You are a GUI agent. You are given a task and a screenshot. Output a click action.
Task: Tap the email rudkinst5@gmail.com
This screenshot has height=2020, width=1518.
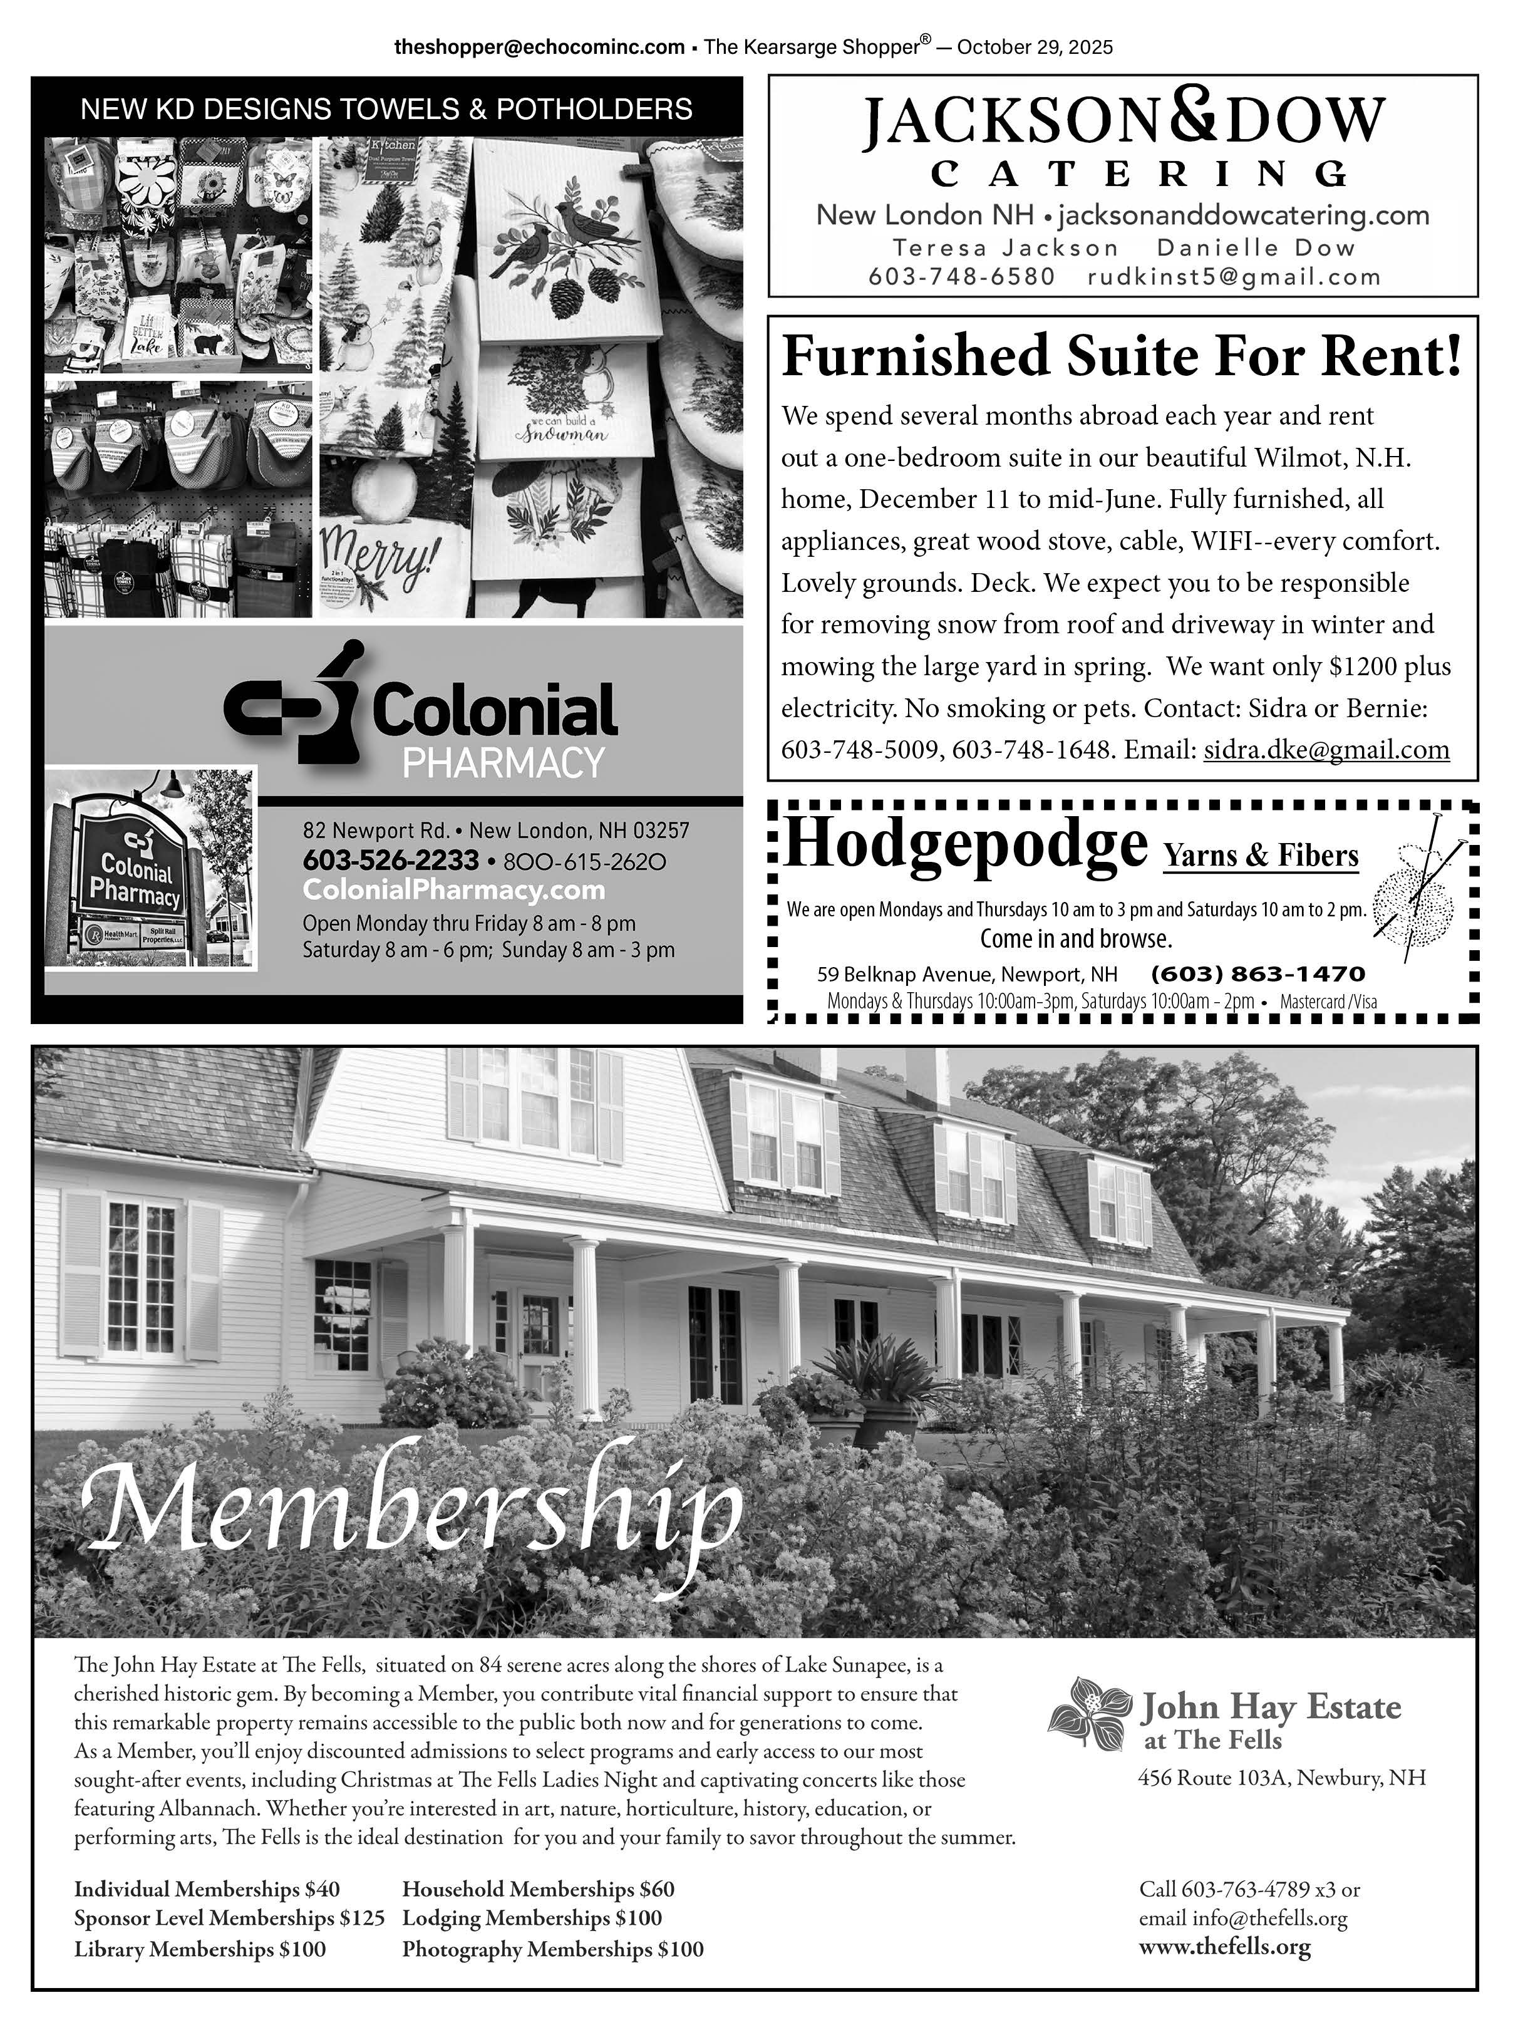[x=1234, y=277]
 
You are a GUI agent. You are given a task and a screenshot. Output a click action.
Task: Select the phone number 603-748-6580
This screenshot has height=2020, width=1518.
[x=961, y=277]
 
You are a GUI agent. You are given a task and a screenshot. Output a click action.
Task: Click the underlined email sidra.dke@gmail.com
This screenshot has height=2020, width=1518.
[x=1326, y=750]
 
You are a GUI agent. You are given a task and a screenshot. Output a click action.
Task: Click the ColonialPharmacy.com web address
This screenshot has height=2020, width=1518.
[x=453, y=889]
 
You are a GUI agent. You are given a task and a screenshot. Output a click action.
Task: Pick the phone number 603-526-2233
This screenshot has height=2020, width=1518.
[x=391, y=860]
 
